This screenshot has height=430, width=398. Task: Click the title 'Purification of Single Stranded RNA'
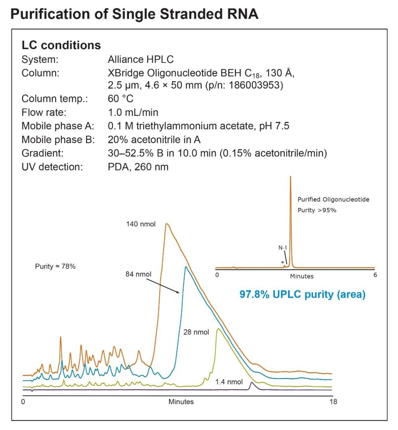[x=134, y=14]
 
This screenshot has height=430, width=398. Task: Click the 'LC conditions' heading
[x=61, y=45]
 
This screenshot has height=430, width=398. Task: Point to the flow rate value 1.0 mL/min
[x=133, y=112]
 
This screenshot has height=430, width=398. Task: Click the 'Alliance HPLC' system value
[x=141, y=59]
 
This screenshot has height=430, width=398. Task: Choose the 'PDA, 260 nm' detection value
[x=138, y=167]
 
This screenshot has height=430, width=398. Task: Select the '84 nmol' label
[x=136, y=274]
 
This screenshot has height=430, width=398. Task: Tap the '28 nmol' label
[x=196, y=332]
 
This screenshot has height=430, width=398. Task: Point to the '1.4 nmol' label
[x=229, y=382]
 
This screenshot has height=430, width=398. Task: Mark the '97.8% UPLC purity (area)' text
[x=302, y=295]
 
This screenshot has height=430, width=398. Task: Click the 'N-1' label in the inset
[x=283, y=247]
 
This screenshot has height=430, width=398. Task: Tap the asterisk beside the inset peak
[x=283, y=263]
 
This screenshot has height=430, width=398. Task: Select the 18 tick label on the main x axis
[x=333, y=402]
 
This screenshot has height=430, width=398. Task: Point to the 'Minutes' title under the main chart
[x=181, y=402]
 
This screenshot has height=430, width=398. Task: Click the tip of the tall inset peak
[x=290, y=177]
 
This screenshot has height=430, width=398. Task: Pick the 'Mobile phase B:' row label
[x=58, y=140]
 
